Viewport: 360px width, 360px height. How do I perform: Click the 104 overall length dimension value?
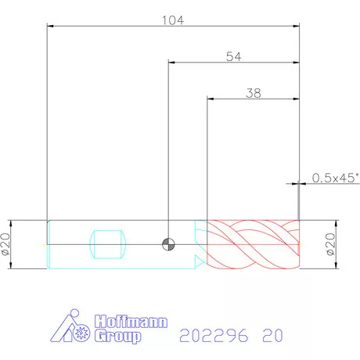click(173, 20)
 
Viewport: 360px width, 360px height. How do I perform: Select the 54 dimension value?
click(234, 56)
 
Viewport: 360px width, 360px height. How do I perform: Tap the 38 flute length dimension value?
click(254, 93)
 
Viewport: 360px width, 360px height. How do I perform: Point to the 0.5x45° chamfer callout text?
click(336, 178)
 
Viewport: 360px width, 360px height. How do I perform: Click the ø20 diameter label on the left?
click(5, 244)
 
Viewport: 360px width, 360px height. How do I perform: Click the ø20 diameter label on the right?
click(330, 244)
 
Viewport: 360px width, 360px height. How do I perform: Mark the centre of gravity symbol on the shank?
click(168, 244)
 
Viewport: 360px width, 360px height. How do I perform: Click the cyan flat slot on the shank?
click(108, 244)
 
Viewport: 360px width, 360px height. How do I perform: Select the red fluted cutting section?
click(253, 244)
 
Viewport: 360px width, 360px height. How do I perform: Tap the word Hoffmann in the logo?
click(131, 322)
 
